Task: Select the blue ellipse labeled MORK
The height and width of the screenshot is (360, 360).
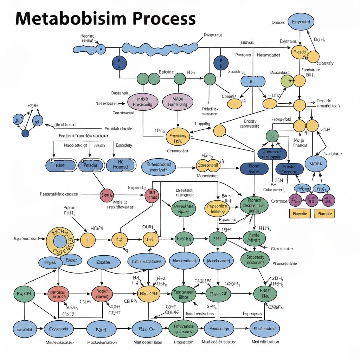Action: [316, 164]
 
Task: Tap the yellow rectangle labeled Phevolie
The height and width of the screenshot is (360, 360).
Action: [300, 213]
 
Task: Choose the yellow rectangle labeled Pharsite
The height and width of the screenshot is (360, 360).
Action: [324, 213]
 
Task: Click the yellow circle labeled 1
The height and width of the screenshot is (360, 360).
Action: [88, 240]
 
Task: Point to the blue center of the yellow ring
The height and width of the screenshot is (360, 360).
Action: [60, 241]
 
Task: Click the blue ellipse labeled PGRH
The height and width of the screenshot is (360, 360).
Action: [101, 330]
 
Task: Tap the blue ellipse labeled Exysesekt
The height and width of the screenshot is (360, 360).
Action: [59, 329]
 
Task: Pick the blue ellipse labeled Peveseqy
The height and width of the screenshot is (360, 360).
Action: [219, 329]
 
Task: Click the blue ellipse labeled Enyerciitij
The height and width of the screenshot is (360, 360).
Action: [301, 22]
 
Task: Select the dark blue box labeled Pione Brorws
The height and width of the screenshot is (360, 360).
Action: [254, 168]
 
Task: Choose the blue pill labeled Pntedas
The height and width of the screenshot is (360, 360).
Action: [91, 165]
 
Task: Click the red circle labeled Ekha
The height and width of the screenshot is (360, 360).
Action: [107, 195]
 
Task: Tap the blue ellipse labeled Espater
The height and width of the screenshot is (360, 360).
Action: [103, 262]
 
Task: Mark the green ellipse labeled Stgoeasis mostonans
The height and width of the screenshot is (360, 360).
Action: [255, 259]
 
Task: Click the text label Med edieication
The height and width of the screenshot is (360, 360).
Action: [265, 342]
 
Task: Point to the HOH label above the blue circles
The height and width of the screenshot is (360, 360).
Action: [33, 105]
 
